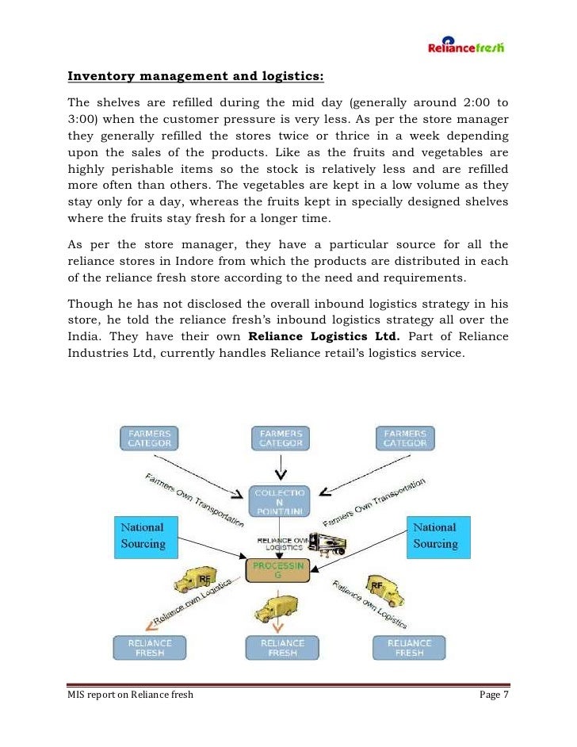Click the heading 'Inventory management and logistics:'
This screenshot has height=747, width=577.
point(196,78)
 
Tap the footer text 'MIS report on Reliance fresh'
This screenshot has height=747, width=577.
point(130,695)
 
